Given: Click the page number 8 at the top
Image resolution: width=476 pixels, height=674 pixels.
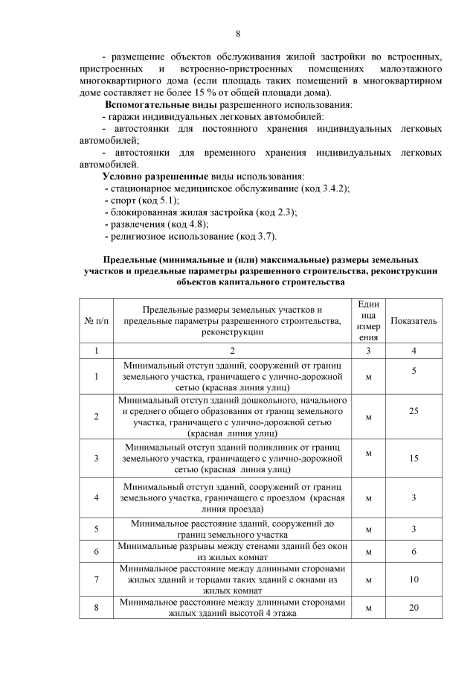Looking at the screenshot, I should (x=238, y=34).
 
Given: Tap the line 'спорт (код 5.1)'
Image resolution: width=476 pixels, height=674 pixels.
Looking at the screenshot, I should (x=142, y=200).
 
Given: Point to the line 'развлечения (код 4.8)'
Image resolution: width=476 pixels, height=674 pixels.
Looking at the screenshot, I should (x=156, y=224).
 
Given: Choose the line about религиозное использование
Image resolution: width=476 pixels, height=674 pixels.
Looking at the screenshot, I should (x=190, y=236).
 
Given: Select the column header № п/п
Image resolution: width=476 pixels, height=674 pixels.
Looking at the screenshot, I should (x=97, y=319).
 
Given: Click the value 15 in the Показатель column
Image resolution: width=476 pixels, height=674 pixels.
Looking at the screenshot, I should (x=414, y=460).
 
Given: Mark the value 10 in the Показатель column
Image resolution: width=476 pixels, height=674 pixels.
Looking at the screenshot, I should (x=414, y=578).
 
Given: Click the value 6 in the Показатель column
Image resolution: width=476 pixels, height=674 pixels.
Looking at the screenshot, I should (x=414, y=552).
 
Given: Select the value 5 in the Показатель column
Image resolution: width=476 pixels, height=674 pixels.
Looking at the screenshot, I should (x=414, y=370).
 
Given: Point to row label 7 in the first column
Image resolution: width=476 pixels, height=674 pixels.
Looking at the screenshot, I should (x=97, y=578).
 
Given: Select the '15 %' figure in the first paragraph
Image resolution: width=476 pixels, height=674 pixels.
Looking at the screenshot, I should (x=213, y=93).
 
